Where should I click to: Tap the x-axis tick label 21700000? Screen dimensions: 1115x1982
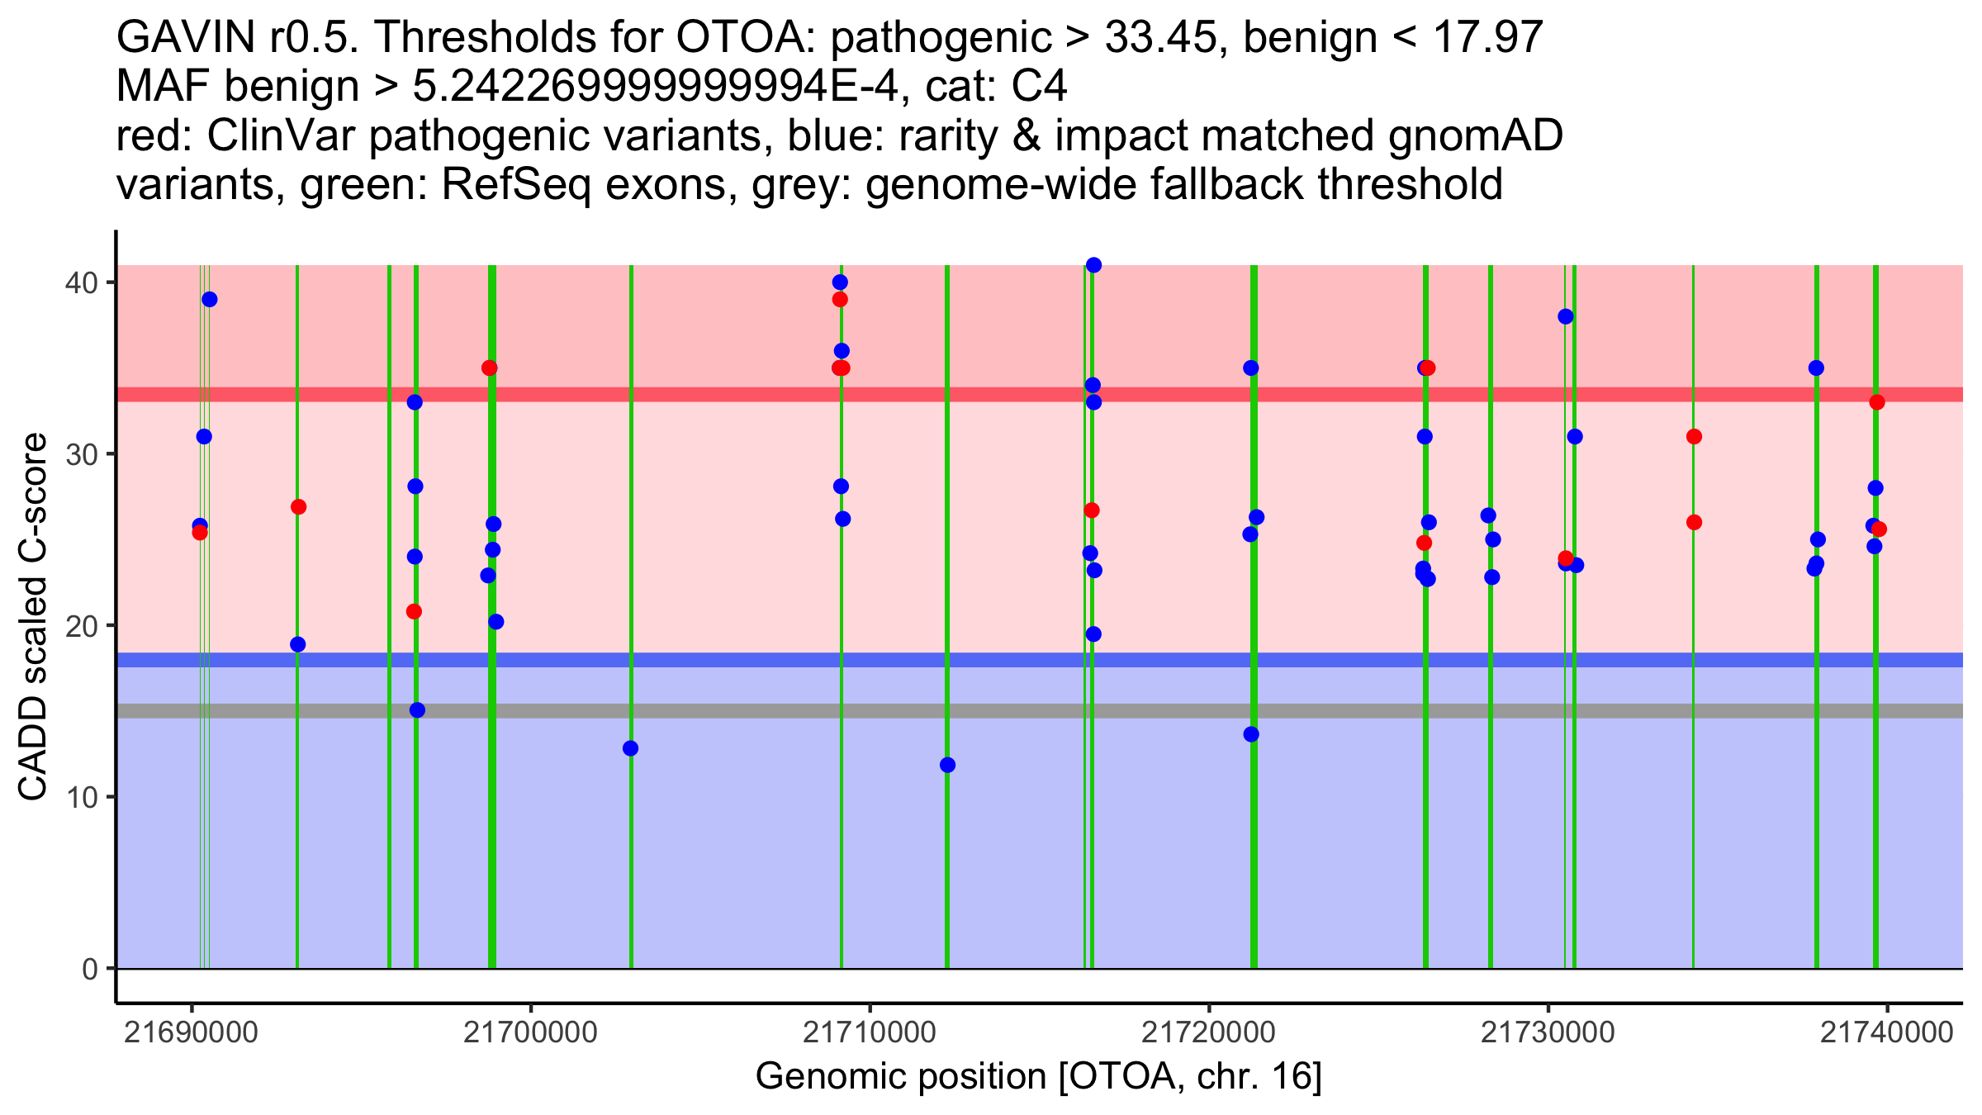[x=530, y=1032]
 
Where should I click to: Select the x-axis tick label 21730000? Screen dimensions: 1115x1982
[x=1548, y=1032]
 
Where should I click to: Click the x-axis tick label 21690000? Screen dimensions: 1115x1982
[x=191, y=1032]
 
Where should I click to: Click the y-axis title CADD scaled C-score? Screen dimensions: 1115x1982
[x=33, y=617]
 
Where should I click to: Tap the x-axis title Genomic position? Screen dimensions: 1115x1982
[x=1038, y=1077]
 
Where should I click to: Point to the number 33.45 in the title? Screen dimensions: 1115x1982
[x=1159, y=37]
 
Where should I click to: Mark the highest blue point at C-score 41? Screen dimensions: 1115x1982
[x=1093, y=265]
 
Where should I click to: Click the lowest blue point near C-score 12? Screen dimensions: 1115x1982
[x=947, y=765]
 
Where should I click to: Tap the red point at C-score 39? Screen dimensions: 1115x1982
[x=840, y=299]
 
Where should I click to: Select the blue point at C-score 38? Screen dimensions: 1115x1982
[x=1565, y=316]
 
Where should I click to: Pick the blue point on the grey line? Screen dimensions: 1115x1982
[x=417, y=710]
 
